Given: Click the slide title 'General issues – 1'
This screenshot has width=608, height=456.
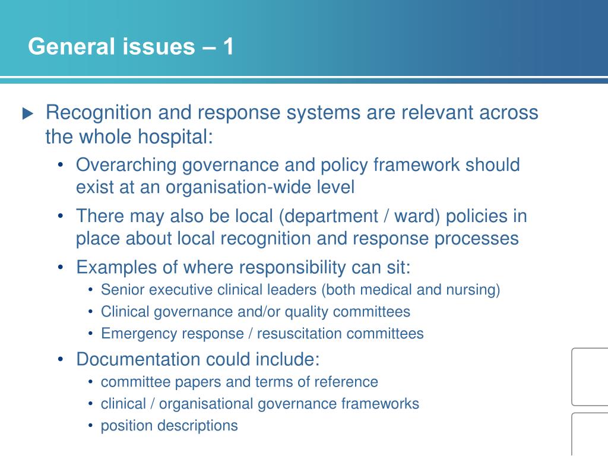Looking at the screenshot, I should (x=131, y=47).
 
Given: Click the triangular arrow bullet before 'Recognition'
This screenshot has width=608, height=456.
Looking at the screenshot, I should (x=28, y=113).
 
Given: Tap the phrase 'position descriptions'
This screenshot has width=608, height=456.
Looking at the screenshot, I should (x=169, y=426).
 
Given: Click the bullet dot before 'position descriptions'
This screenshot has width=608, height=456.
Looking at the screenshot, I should (x=90, y=426).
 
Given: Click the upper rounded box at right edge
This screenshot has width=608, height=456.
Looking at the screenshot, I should (x=590, y=376).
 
